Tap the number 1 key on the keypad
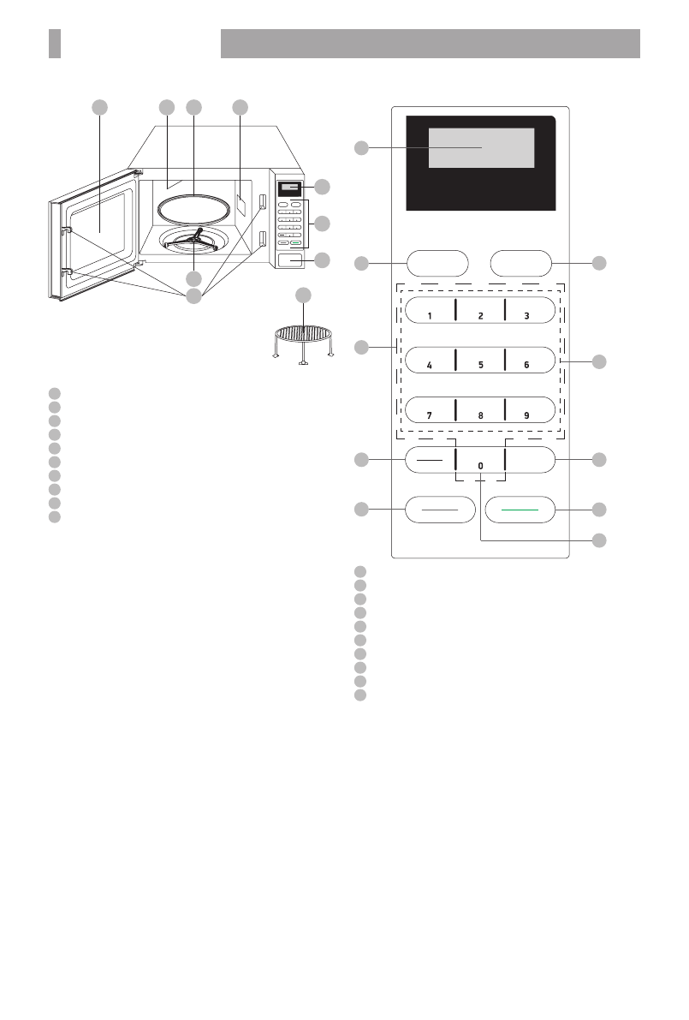pos(430,313)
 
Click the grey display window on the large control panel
pos(481,149)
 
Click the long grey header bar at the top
pos(431,43)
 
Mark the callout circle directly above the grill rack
pos(304,295)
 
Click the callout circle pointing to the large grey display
pos(362,149)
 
